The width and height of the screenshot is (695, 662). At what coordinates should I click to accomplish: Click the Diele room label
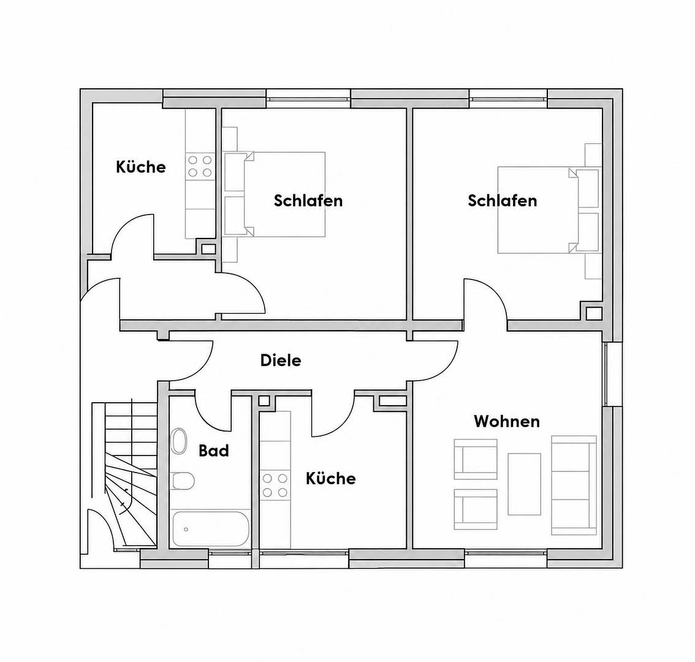281,360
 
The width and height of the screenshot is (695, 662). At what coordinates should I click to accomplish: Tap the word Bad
214,451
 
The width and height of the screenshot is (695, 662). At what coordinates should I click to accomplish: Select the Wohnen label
507,420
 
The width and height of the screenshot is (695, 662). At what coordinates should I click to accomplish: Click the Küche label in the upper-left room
141,167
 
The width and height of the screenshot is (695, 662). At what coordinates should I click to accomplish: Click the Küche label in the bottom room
331,478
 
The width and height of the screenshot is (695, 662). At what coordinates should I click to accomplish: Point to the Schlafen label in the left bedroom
308,200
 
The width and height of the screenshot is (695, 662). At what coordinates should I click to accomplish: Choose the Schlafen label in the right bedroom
502,200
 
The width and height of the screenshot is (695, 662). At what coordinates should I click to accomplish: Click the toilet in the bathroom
182,481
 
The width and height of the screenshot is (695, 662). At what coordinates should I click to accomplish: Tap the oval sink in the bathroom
179,441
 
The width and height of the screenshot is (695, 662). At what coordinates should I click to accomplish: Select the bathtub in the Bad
211,529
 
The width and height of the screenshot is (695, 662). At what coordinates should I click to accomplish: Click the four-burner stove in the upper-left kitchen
199,166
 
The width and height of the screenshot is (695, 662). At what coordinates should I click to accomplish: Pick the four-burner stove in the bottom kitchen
275,485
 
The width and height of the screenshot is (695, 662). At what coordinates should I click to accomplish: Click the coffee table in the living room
525,484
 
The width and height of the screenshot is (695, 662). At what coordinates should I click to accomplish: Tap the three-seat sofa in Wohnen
574,485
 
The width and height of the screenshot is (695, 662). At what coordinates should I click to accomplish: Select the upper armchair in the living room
475,459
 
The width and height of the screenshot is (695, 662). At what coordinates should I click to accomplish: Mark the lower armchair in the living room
475,509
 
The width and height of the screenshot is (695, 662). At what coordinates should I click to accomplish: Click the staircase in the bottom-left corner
124,474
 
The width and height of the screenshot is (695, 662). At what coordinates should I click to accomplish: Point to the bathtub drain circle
186,530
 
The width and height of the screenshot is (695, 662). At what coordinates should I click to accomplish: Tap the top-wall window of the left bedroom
308,98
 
